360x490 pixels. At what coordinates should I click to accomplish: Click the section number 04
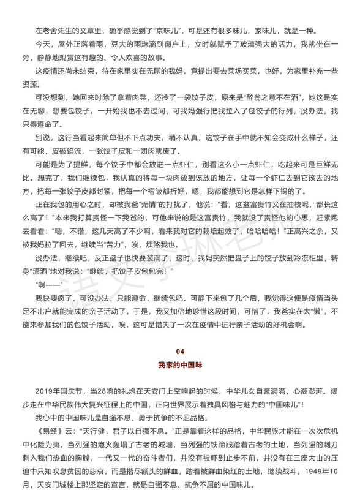[x=180, y=352]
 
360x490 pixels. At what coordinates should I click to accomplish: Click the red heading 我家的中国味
[x=180, y=365]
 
